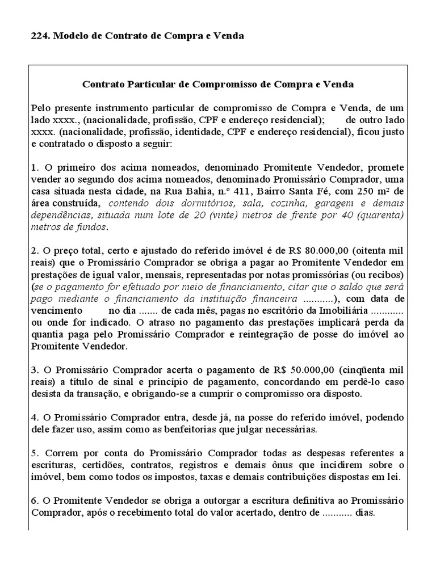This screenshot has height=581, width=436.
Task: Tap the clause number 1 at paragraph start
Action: [34, 168]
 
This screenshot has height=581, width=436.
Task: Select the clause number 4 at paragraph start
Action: [34, 418]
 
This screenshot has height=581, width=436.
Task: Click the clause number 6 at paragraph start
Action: [34, 502]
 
